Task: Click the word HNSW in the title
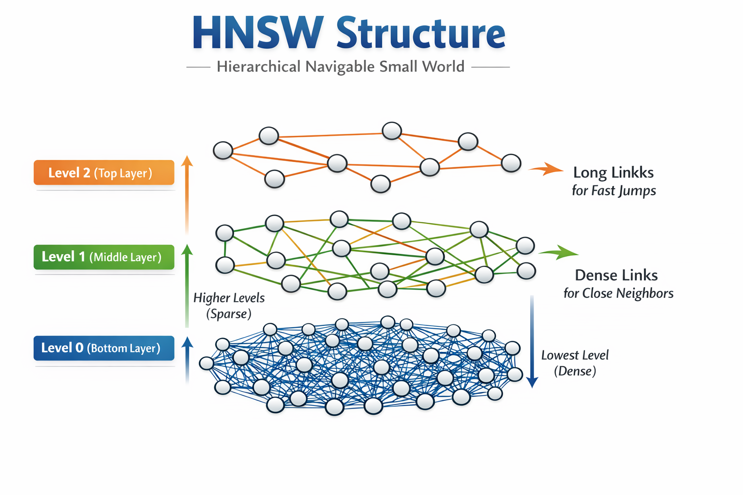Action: point(258,33)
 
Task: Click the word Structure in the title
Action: point(421,33)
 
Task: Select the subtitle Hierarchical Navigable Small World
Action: point(341,67)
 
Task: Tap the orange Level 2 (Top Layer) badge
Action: point(104,173)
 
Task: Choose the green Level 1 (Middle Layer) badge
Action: point(104,257)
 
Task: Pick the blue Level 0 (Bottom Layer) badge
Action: point(104,348)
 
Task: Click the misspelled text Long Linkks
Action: point(613,173)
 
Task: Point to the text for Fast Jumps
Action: point(614,190)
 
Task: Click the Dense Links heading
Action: point(616,275)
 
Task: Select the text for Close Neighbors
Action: point(618,293)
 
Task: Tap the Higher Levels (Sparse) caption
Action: point(229,306)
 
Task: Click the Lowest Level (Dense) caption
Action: point(575,363)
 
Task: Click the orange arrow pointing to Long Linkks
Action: point(546,169)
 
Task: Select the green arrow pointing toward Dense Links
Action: point(559,253)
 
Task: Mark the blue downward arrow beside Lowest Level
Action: point(532,341)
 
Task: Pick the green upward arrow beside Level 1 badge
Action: point(187,286)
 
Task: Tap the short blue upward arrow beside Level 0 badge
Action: point(187,360)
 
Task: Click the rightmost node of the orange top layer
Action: point(511,163)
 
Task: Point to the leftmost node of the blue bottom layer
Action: point(207,364)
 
